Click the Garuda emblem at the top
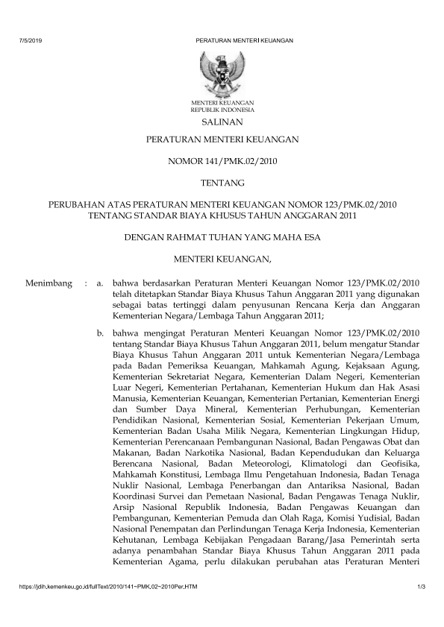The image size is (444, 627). pyautogui.click(x=222, y=72)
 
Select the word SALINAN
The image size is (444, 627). pyautogui.click(x=222, y=122)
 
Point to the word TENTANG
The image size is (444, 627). pyautogui.click(x=222, y=181)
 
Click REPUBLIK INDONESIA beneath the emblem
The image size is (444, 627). pyautogui.click(x=222, y=109)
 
